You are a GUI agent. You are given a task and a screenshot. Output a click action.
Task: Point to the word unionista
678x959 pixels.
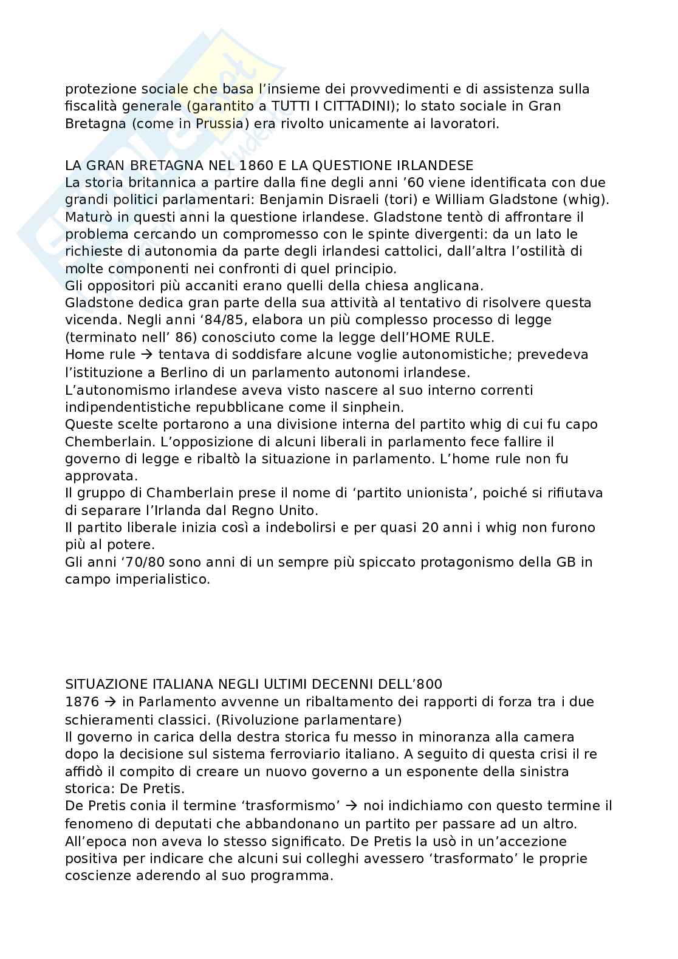tap(435, 493)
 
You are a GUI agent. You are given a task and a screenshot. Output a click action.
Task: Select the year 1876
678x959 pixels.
tap(81, 702)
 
